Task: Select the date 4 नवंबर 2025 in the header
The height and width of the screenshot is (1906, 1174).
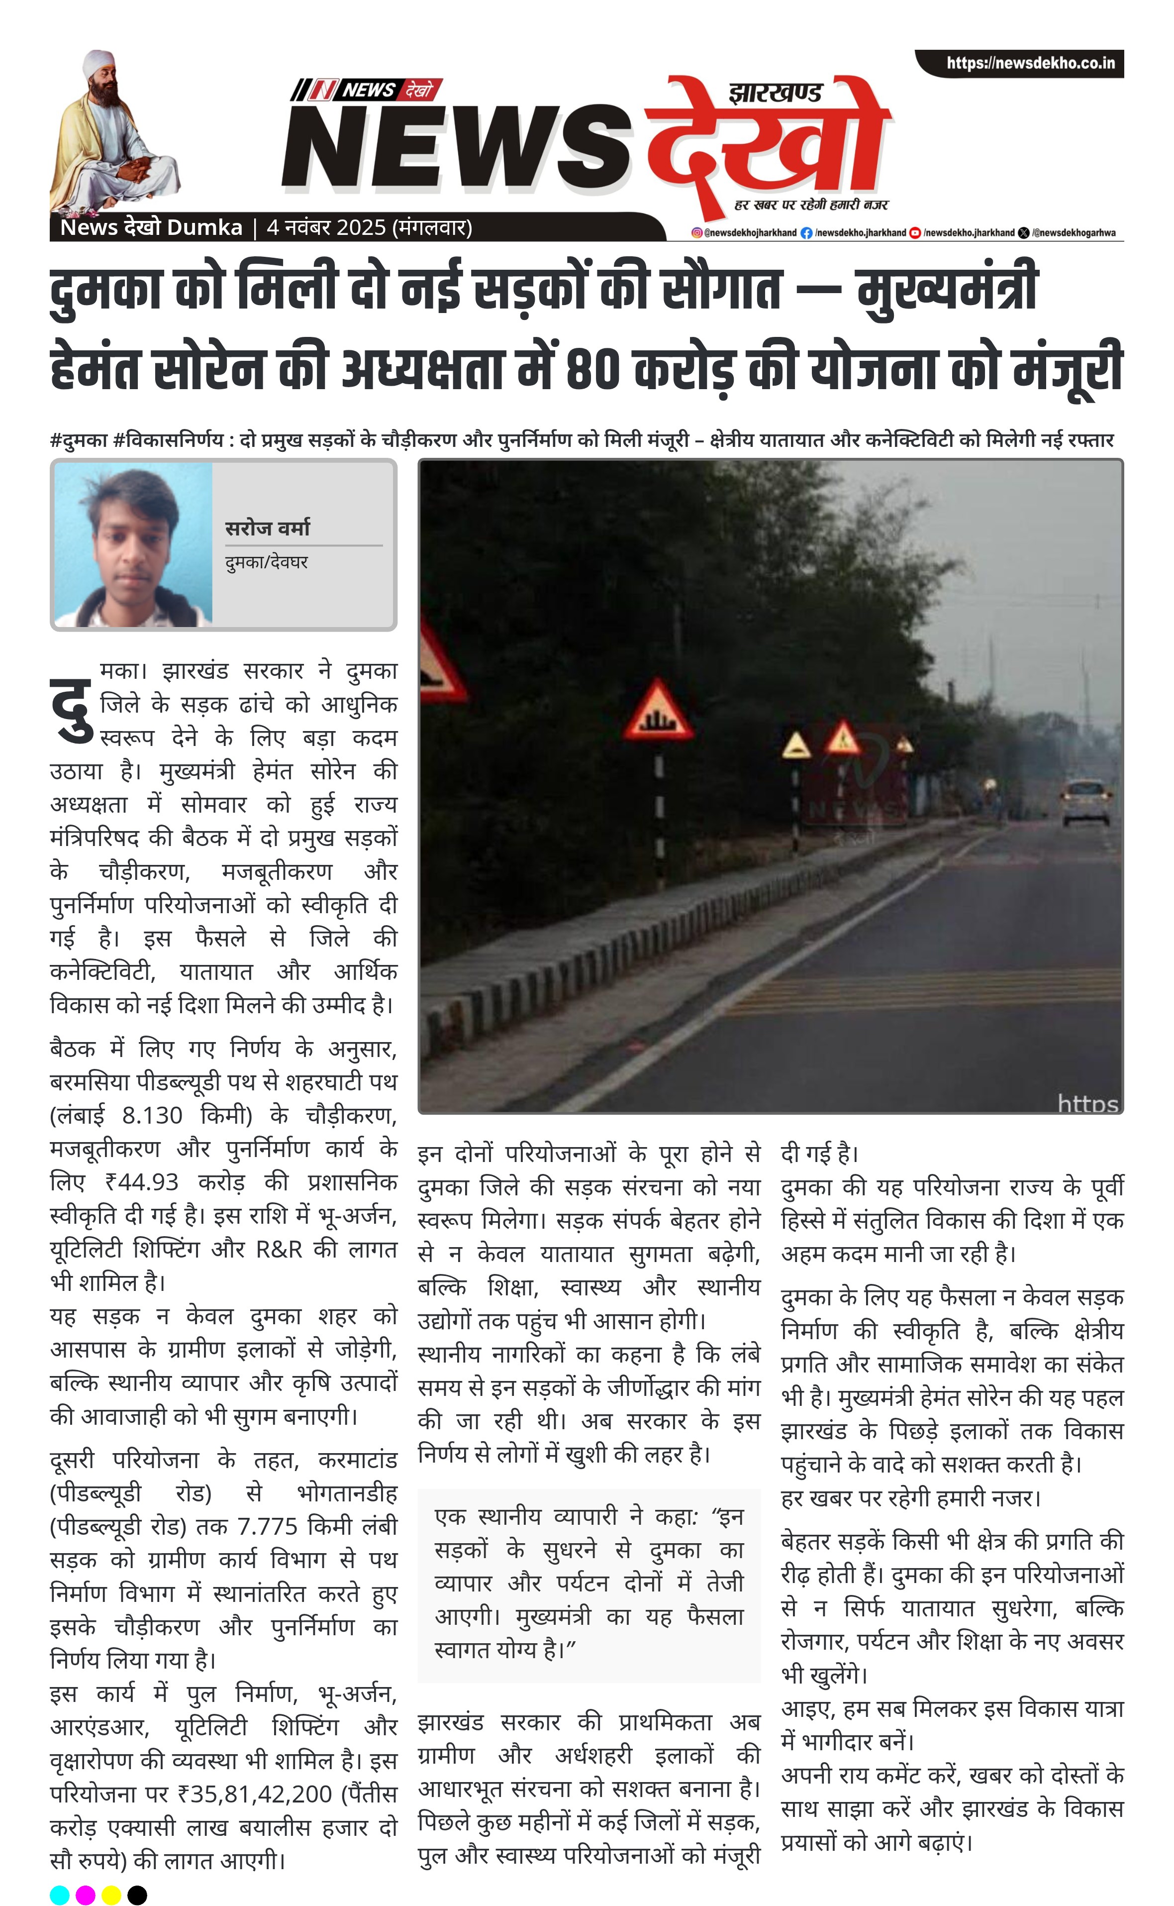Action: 326,227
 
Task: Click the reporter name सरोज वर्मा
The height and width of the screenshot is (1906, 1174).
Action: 267,528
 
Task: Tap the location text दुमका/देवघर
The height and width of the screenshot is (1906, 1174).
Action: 266,561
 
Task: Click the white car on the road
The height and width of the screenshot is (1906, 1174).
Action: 1085,802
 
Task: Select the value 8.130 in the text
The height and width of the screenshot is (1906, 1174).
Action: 152,1115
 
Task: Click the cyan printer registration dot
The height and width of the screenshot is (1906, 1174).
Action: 60,1895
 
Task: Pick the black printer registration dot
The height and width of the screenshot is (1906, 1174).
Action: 137,1895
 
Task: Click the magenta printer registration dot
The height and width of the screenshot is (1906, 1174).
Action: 86,1895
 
